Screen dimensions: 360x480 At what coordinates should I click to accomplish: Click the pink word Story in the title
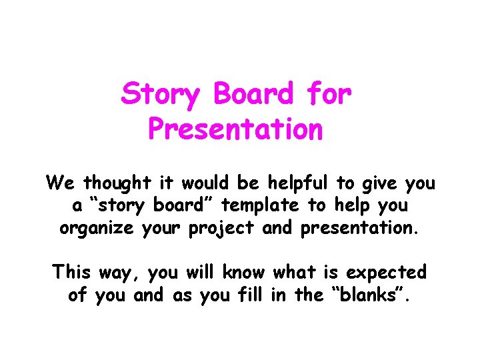(x=160, y=95)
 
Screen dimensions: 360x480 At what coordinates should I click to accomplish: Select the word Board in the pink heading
(x=253, y=95)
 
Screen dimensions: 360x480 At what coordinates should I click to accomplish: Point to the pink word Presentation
(x=235, y=129)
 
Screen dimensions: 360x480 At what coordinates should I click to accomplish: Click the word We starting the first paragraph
(x=55, y=182)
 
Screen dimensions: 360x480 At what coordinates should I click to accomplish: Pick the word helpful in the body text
(x=301, y=182)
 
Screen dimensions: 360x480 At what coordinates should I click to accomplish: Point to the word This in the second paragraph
(x=74, y=273)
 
